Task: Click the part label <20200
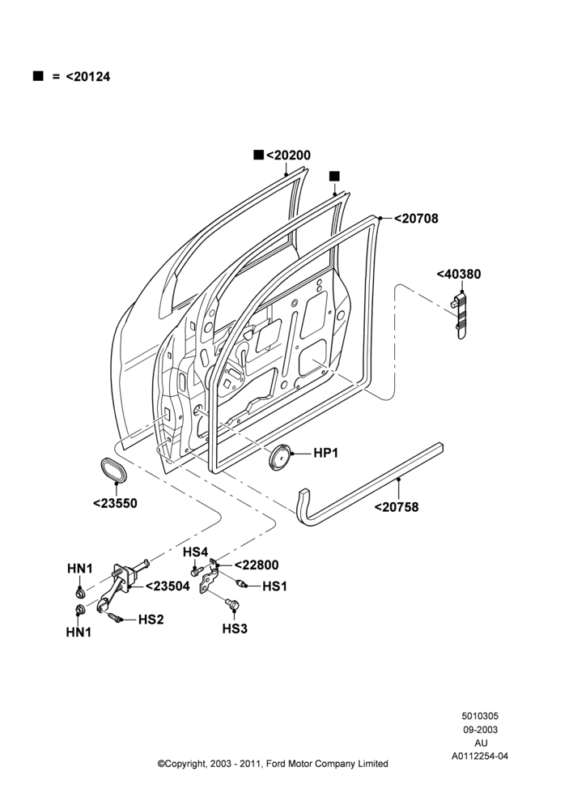point(288,155)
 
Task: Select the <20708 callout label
point(416,219)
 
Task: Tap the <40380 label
point(459,274)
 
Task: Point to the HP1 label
point(325,453)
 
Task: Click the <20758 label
point(397,507)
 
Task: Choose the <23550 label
point(115,503)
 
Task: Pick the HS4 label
point(195,552)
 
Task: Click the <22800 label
point(257,565)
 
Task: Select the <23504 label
point(168,586)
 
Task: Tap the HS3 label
point(235,629)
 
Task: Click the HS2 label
point(151,620)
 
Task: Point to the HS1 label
point(275,586)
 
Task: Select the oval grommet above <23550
point(113,470)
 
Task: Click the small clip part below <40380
point(460,316)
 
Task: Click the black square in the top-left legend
point(38,76)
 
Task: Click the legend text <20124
point(87,76)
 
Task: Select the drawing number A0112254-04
point(480,757)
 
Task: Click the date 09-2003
point(480,730)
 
